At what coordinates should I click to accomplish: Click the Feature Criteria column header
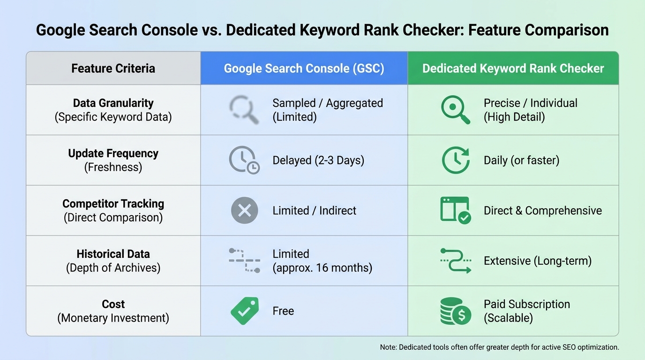coord(113,68)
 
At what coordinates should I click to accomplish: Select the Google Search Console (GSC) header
coord(304,68)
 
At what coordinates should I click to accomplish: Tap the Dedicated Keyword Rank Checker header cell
coord(513,68)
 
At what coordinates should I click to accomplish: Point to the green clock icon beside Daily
coord(455,160)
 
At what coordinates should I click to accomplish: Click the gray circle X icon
coord(244,210)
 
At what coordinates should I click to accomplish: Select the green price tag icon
coord(244,311)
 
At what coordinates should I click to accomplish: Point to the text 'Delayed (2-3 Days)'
coord(318,160)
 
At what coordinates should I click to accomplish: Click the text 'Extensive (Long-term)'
coord(537,261)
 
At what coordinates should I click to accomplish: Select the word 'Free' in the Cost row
coord(283,311)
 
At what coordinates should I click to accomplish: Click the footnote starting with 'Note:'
coord(499,347)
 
